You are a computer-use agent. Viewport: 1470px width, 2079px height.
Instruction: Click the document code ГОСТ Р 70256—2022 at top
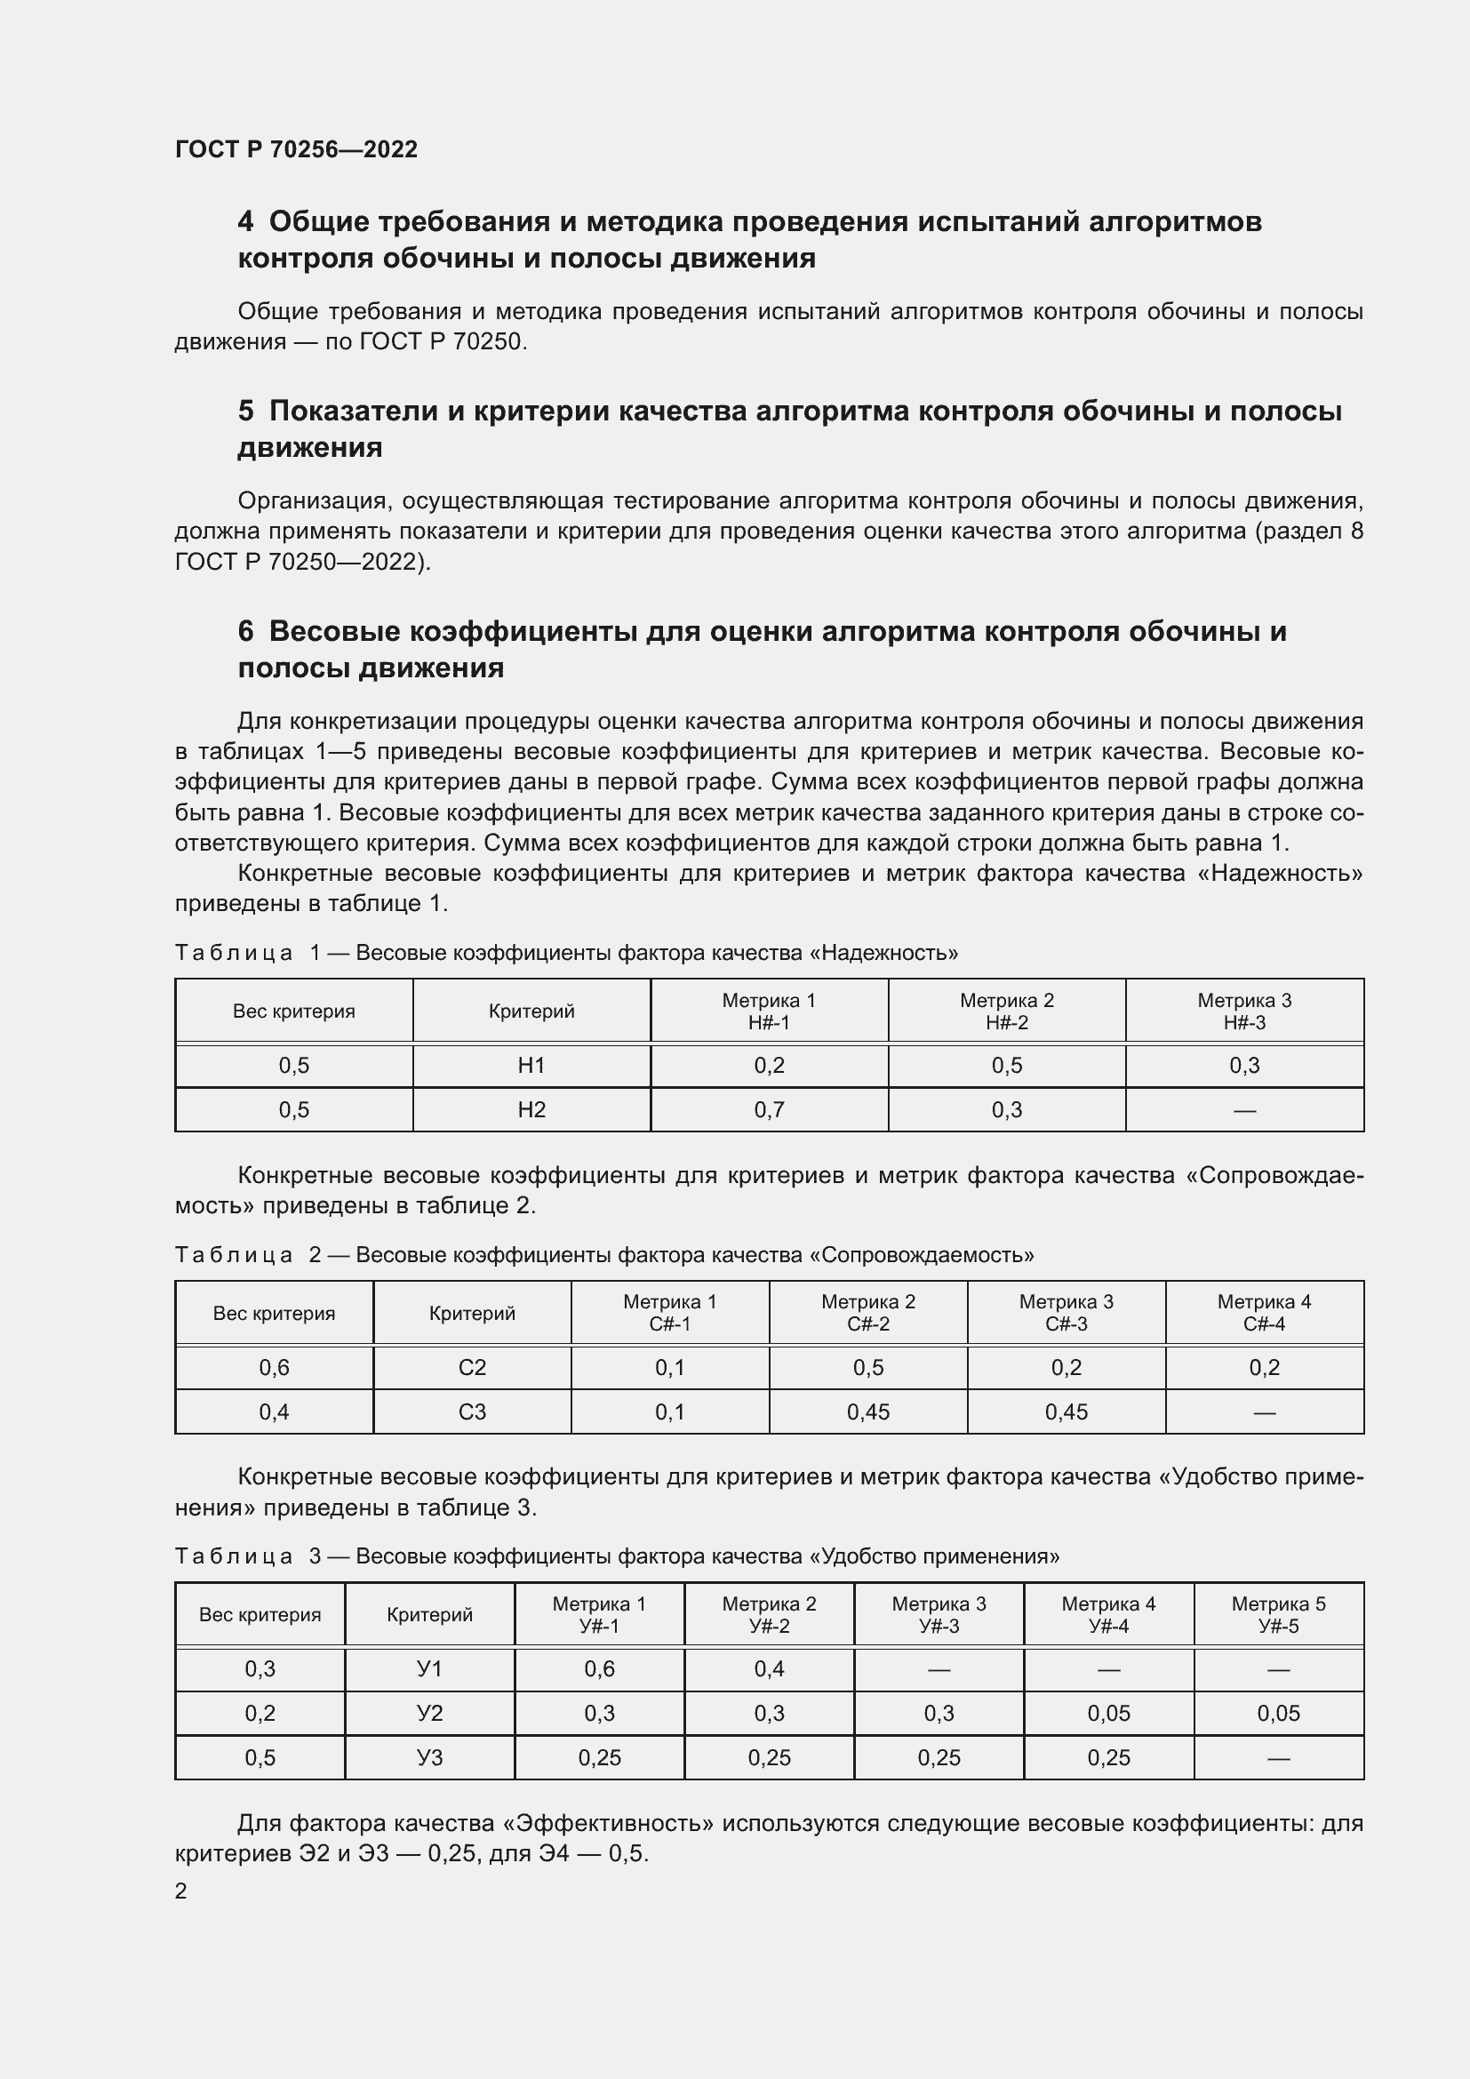tap(296, 149)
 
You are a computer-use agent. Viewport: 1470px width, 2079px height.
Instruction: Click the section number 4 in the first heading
tap(245, 222)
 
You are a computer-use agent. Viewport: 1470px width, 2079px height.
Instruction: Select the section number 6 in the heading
tap(245, 631)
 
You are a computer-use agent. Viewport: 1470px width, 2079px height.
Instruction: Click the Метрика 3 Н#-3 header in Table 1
tap(1243, 1012)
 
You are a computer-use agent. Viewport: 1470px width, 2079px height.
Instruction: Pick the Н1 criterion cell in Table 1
tap(531, 1066)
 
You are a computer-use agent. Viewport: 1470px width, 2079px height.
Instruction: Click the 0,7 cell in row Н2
tap(769, 1110)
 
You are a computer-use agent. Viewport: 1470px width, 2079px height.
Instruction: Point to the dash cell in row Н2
tap(1243, 1110)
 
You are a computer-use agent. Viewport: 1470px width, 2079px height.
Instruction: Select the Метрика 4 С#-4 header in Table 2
tap(1264, 1313)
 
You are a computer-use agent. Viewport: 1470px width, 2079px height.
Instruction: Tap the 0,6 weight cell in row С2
tap(275, 1367)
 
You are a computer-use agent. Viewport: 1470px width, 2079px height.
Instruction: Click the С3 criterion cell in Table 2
tap(472, 1411)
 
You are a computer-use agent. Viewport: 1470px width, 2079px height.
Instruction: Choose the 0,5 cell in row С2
tap(867, 1367)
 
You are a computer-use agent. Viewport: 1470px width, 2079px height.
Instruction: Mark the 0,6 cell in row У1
tap(599, 1669)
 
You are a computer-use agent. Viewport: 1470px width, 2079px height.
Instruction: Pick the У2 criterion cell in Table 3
tap(429, 1713)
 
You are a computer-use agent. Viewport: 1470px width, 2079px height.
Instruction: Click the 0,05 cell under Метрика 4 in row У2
tap(1108, 1713)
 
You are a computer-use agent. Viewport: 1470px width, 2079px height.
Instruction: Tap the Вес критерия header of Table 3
tap(260, 1614)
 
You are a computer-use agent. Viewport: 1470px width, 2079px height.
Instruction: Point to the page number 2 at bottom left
tap(181, 1891)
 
